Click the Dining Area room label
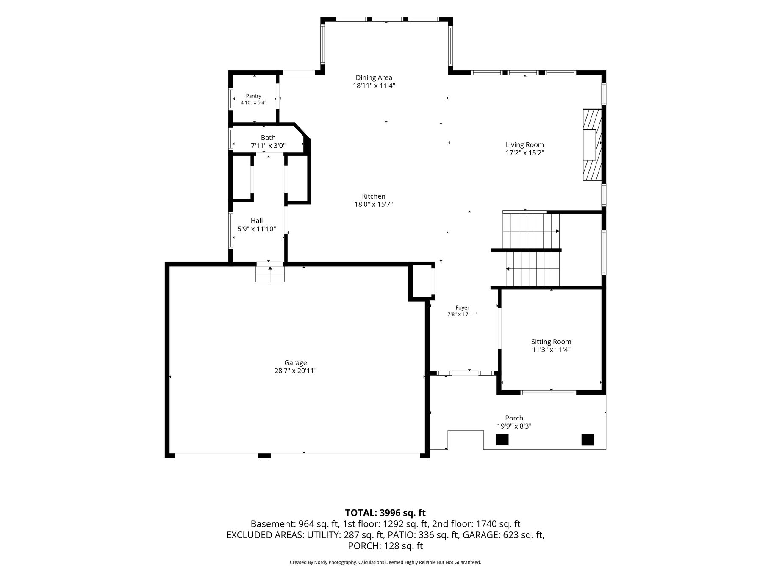(374, 77)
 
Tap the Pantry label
(253, 96)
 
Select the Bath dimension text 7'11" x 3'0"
(268, 146)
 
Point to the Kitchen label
(374, 196)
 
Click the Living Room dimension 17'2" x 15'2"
(525, 153)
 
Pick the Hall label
(257, 221)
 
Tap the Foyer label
(463, 308)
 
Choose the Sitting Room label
(551, 342)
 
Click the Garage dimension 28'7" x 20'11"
(296, 371)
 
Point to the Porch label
(514, 418)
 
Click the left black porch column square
(502, 440)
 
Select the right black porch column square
(588, 440)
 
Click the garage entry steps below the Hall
(270, 272)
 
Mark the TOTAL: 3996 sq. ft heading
(385, 513)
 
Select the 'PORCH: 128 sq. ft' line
(385, 546)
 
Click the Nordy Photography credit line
(385, 562)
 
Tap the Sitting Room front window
(548, 393)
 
